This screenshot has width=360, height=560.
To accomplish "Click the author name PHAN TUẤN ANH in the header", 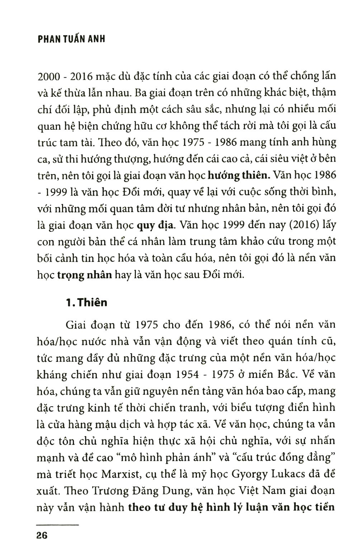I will pyautogui.click(x=71, y=39).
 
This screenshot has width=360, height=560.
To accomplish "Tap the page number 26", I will pyautogui.click(x=42, y=536).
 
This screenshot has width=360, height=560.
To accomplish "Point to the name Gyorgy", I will pyautogui.click(x=252, y=474).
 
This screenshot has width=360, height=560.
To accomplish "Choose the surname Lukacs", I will pyautogui.click(x=291, y=474).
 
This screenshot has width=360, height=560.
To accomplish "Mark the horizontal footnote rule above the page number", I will pyautogui.click(x=57, y=525).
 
